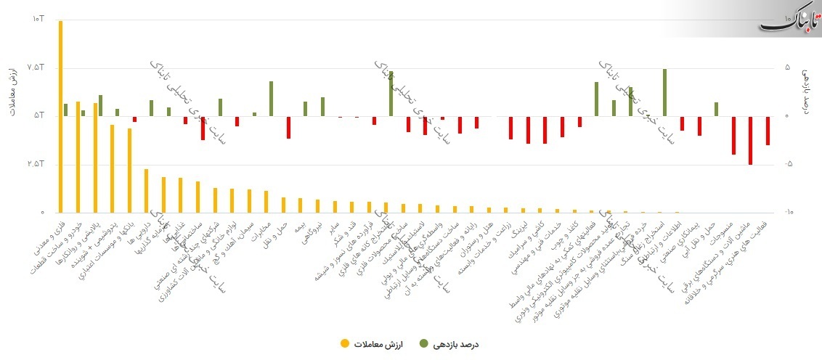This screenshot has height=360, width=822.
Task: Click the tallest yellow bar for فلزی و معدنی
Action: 60,116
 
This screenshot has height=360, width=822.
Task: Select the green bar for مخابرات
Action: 271,99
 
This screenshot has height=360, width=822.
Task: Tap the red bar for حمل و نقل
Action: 288,127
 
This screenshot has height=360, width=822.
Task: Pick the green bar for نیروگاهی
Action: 322,107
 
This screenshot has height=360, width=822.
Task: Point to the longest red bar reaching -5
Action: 750,140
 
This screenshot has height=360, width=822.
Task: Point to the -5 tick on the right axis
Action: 788,164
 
